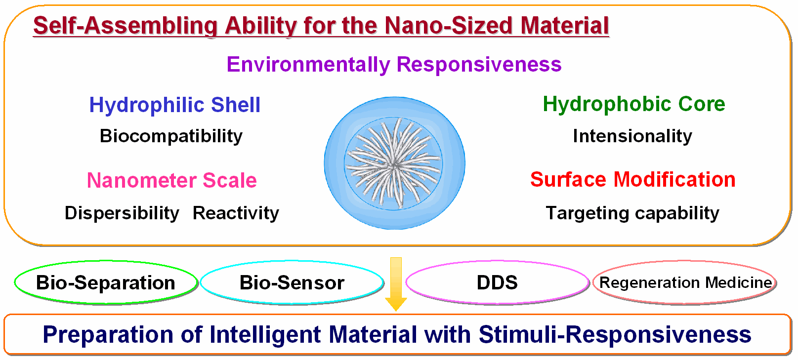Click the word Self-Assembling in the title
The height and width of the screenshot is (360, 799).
126,26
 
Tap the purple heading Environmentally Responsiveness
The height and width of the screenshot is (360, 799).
394,65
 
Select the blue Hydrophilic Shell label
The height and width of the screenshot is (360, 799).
175,105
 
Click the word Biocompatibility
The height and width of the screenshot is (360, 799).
171,136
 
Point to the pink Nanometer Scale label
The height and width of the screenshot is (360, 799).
172,180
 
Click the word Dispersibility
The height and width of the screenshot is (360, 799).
122,213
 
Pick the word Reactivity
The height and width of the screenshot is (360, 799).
236,213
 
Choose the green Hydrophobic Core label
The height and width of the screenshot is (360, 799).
634,104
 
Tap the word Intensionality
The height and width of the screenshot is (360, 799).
632,136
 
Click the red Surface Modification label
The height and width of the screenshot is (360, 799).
633,179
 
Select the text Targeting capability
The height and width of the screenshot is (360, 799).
632,213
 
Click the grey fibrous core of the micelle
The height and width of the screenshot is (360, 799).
393,164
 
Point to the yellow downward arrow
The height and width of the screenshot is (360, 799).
396,284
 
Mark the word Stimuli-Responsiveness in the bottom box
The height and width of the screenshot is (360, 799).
615,335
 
